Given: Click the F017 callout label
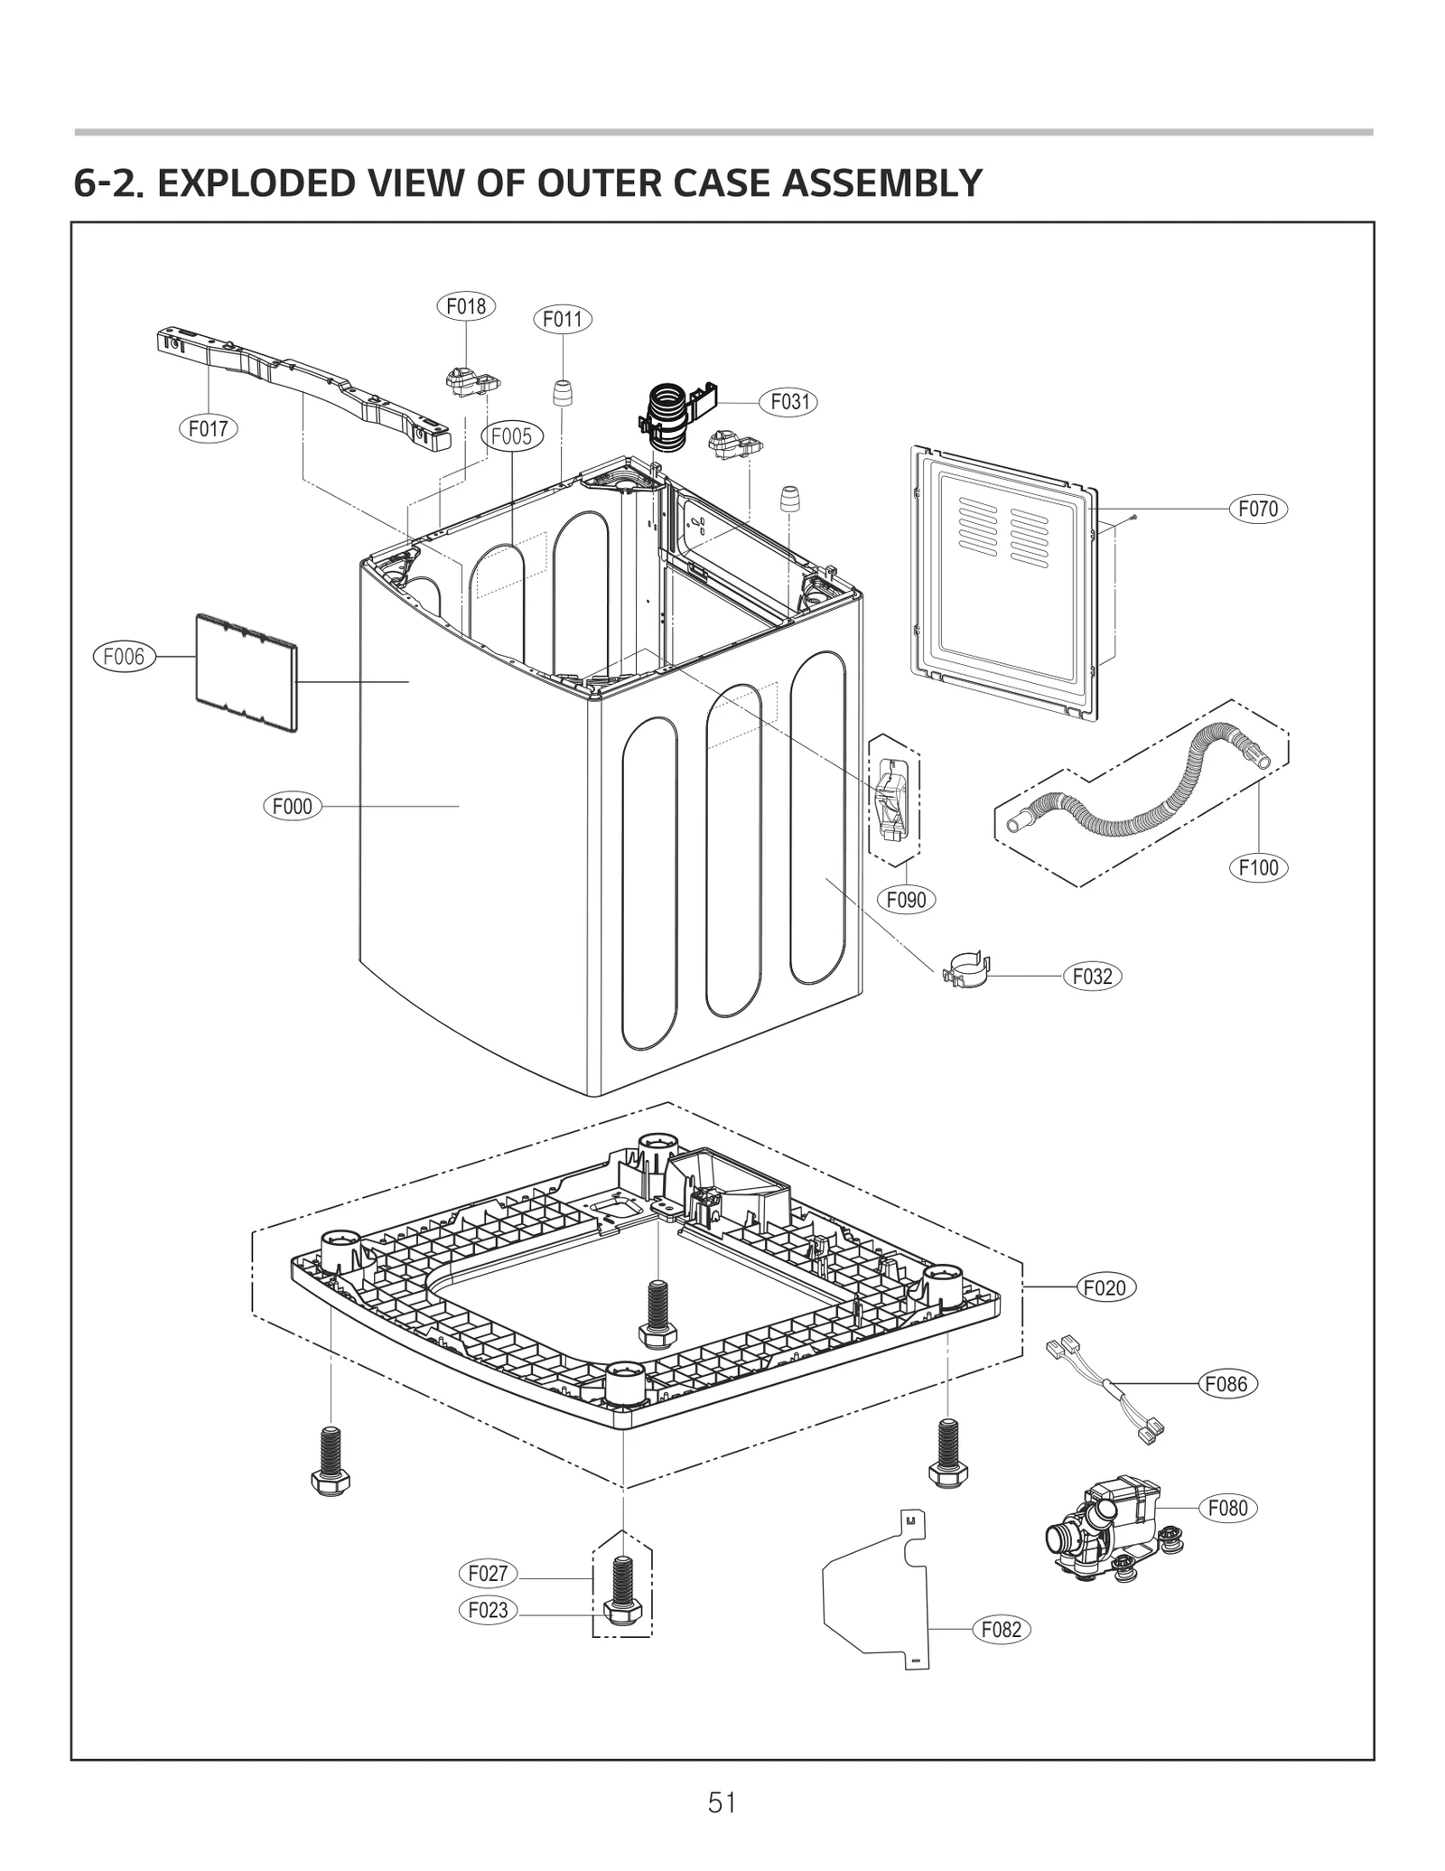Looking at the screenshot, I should coord(208,428).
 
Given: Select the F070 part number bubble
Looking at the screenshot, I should coord(1258,509).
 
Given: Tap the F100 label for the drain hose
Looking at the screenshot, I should coord(1258,868).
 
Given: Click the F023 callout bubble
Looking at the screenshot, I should coord(488,1609).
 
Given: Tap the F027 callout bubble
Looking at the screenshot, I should coord(488,1573).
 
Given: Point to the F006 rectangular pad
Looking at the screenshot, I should coord(246,672).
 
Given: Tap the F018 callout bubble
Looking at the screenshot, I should coord(466,306).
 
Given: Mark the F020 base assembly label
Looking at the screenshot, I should coord(1105,1287).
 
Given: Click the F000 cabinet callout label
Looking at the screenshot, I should coord(292,806).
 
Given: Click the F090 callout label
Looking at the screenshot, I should coord(906,899).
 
